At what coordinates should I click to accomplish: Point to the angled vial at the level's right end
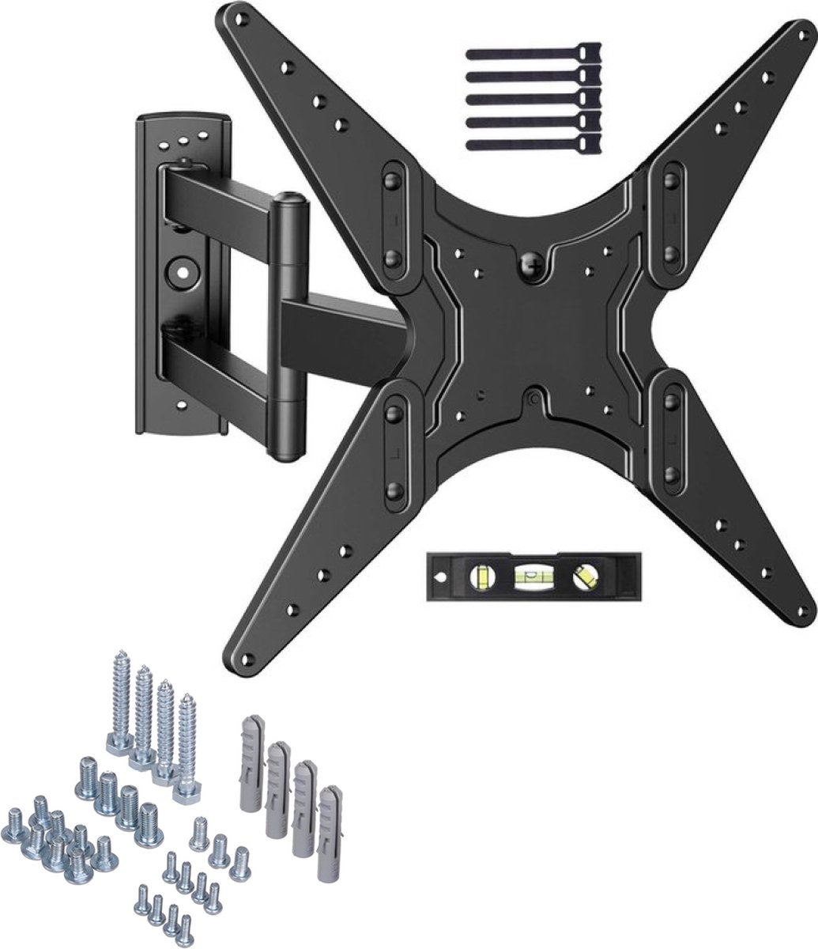[x=586, y=577]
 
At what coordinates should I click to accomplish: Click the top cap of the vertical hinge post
[x=288, y=199]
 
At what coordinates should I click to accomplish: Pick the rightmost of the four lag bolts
[x=187, y=747]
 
